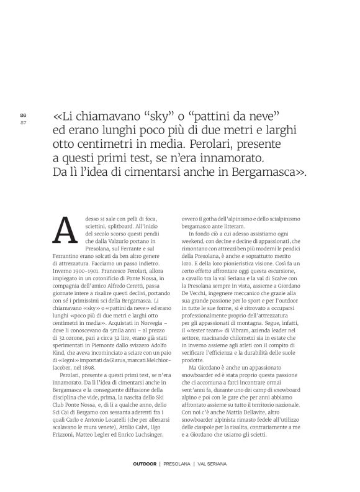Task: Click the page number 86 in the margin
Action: coord(23,115)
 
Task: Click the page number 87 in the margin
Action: coord(23,122)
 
